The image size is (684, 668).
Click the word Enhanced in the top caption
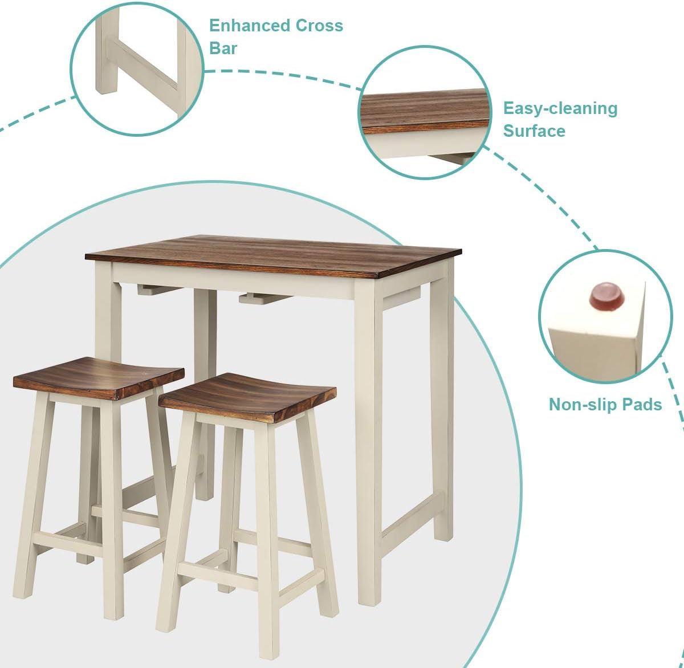click(250, 26)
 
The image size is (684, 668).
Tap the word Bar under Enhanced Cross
click(223, 48)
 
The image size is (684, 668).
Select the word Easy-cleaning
click(560, 108)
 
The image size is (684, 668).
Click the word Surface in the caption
click(534, 131)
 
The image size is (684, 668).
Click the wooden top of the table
click(274, 254)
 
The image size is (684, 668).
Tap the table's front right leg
click(368, 445)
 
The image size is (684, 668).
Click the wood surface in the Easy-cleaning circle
click(425, 108)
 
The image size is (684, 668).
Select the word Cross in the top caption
click(319, 26)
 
